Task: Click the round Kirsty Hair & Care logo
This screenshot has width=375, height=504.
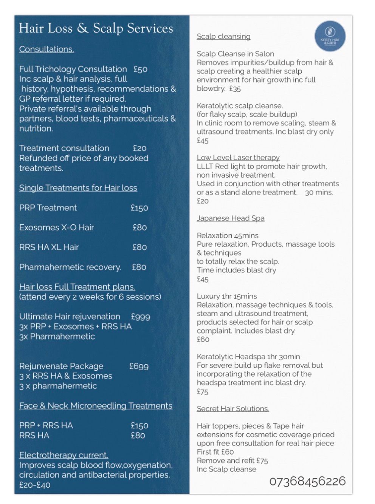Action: click(330, 37)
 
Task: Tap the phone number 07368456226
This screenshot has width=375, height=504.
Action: click(307, 481)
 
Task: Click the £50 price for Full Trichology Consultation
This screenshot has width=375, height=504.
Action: click(140, 69)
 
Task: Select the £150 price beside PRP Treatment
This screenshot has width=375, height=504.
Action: click(139, 208)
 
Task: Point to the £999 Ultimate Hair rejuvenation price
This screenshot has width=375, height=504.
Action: click(140, 317)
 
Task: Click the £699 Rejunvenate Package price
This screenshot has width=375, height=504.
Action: click(139, 366)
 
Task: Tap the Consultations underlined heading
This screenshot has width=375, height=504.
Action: click(46, 49)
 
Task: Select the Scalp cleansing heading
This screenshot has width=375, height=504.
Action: click(223, 37)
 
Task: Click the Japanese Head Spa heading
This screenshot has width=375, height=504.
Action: click(231, 218)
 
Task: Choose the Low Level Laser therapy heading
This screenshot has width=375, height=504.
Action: click(238, 158)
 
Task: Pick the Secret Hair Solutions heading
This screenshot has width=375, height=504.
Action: click(233, 409)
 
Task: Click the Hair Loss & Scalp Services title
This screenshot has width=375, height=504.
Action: click(96, 28)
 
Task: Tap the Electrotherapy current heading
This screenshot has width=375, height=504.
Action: click(64, 455)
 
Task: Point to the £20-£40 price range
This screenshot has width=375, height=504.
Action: click(35, 485)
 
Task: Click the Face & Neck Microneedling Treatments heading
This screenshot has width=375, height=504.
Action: click(96, 406)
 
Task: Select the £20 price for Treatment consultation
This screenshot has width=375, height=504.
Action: click(139, 148)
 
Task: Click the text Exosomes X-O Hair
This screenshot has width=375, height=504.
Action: click(57, 227)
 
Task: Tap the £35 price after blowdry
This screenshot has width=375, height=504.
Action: click(235, 89)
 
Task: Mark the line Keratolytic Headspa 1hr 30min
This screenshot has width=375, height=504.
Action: click(248, 357)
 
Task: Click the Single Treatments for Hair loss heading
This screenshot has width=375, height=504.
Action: click(78, 188)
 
